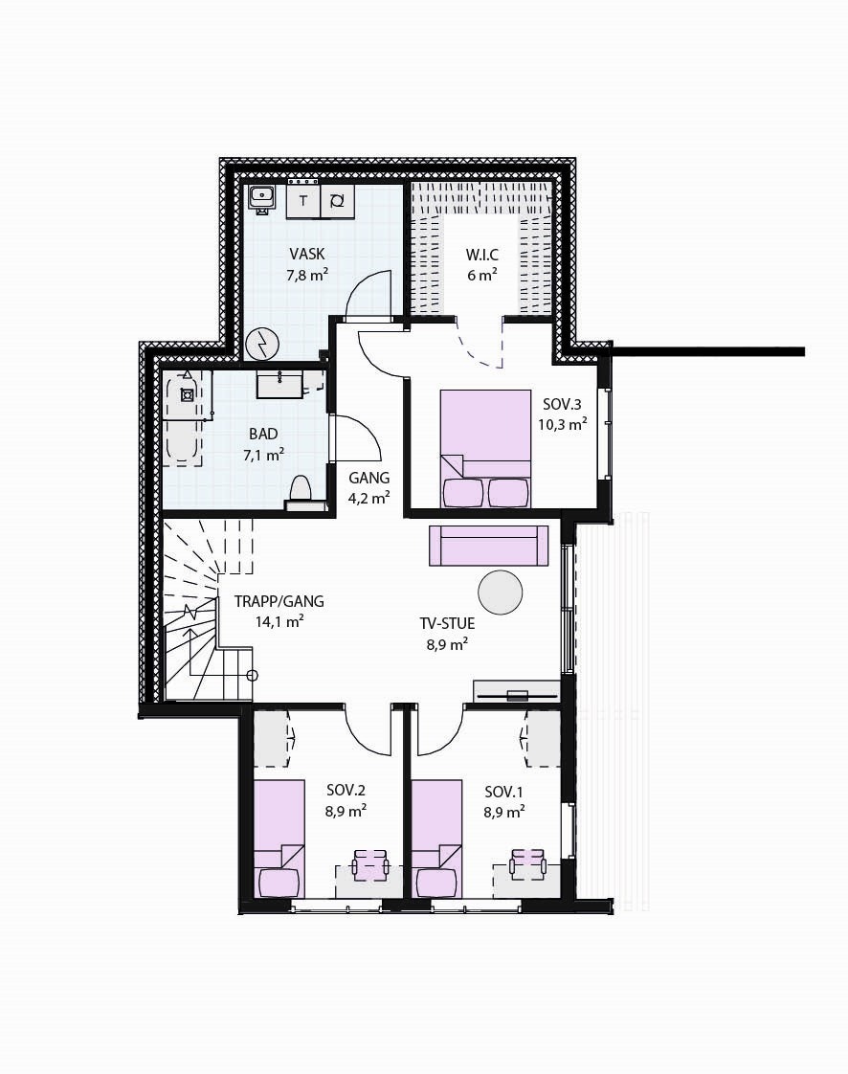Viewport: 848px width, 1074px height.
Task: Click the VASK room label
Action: (x=307, y=255)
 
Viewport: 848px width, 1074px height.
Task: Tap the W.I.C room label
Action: (x=481, y=255)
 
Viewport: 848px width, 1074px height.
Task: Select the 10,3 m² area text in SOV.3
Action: (x=562, y=425)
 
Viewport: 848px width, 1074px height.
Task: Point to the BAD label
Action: (x=263, y=434)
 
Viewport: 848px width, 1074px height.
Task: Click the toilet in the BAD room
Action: (x=300, y=490)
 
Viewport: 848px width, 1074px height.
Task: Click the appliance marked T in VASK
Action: (x=303, y=201)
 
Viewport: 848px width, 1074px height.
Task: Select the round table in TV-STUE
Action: (x=501, y=593)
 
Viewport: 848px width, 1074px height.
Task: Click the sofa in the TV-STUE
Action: (x=488, y=546)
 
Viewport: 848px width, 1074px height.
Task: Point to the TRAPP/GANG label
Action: (x=279, y=602)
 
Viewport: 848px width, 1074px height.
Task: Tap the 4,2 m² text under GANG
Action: (x=368, y=498)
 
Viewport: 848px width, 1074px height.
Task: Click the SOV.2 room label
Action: (x=346, y=791)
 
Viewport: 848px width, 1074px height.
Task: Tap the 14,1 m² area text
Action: (x=279, y=621)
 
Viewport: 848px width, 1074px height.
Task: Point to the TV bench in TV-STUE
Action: (x=517, y=692)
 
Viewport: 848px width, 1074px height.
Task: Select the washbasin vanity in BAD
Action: (x=279, y=385)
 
